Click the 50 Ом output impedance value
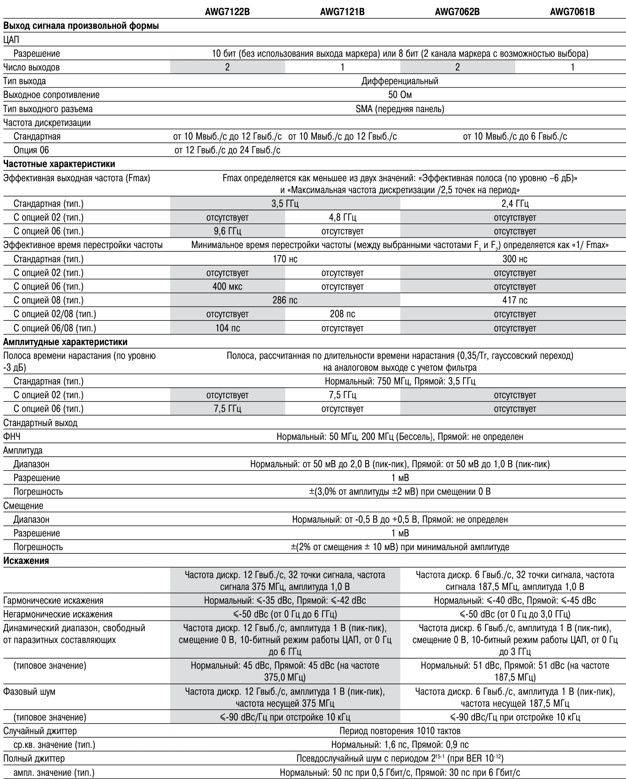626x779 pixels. (399, 95)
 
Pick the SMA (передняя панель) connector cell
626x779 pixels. (399, 109)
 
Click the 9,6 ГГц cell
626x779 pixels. (227, 231)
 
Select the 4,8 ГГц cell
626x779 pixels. (342, 217)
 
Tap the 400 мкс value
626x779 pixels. (227, 287)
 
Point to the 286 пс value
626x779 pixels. (285, 300)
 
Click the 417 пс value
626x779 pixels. (515, 300)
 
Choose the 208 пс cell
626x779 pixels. (342, 314)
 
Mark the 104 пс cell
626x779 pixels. (227, 328)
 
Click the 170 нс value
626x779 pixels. (285, 259)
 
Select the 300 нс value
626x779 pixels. (515, 259)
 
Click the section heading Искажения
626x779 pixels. (26, 561)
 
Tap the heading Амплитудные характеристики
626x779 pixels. (65, 342)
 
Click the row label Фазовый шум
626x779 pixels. (29, 692)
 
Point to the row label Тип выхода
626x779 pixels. (24, 81)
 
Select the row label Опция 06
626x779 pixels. (31, 150)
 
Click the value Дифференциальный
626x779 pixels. (399, 81)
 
